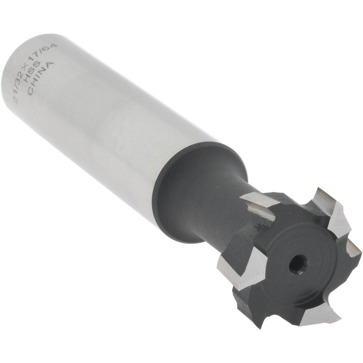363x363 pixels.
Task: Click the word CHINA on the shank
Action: (x=41, y=79)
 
